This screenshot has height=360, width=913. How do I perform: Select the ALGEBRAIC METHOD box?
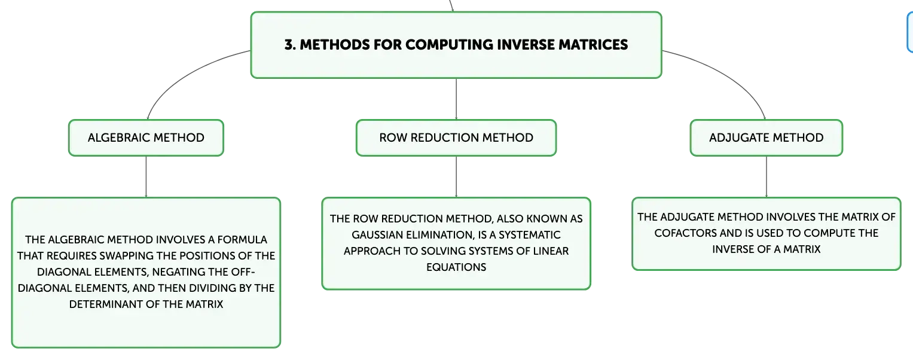146,138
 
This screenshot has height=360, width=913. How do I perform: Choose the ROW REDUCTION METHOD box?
456,138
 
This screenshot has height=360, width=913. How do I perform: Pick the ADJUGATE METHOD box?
767,138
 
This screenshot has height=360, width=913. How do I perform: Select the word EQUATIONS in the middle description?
456,267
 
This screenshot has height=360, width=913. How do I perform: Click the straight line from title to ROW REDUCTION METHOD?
456,99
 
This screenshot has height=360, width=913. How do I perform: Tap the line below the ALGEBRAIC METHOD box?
146,176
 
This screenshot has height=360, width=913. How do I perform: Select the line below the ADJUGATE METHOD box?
767,176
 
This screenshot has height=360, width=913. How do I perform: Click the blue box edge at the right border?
909,32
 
